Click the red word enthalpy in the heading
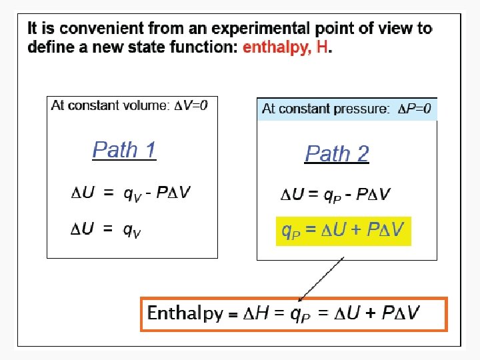pyautogui.click(x=275, y=48)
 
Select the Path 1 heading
pyautogui.click(x=124, y=149)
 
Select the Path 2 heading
pyautogui.click(x=337, y=154)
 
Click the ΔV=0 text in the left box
pyautogui.click(x=195, y=105)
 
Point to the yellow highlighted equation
pyautogui.click(x=343, y=231)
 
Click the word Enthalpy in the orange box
pyautogui.click(x=185, y=313)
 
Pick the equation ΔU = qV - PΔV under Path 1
pyautogui.click(x=131, y=193)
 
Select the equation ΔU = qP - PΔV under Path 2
pyautogui.click(x=335, y=195)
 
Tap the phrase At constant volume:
pyautogui.click(x=111, y=105)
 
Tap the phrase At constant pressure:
pyautogui.click(x=326, y=109)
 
